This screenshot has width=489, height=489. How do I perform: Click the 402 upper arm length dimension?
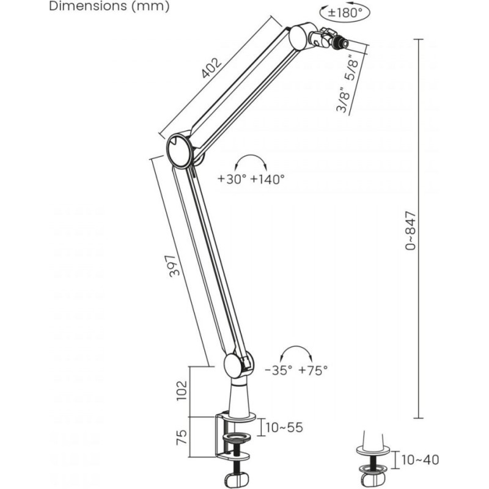[x=211, y=68]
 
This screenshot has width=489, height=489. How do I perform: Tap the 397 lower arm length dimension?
[x=175, y=266]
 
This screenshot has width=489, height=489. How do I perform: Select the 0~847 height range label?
[x=410, y=230]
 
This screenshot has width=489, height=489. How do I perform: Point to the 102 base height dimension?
[x=182, y=391]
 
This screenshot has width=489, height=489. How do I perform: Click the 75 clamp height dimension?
[x=182, y=437]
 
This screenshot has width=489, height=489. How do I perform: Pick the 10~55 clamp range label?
[x=284, y=427]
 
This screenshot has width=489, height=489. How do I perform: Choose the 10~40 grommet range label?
[x=420, y=460]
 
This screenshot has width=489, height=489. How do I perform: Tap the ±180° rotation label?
[x=345, y=13]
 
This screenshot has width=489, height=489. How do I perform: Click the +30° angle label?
[x=232, y=179]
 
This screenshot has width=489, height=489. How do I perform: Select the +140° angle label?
[x=268, y=179]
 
